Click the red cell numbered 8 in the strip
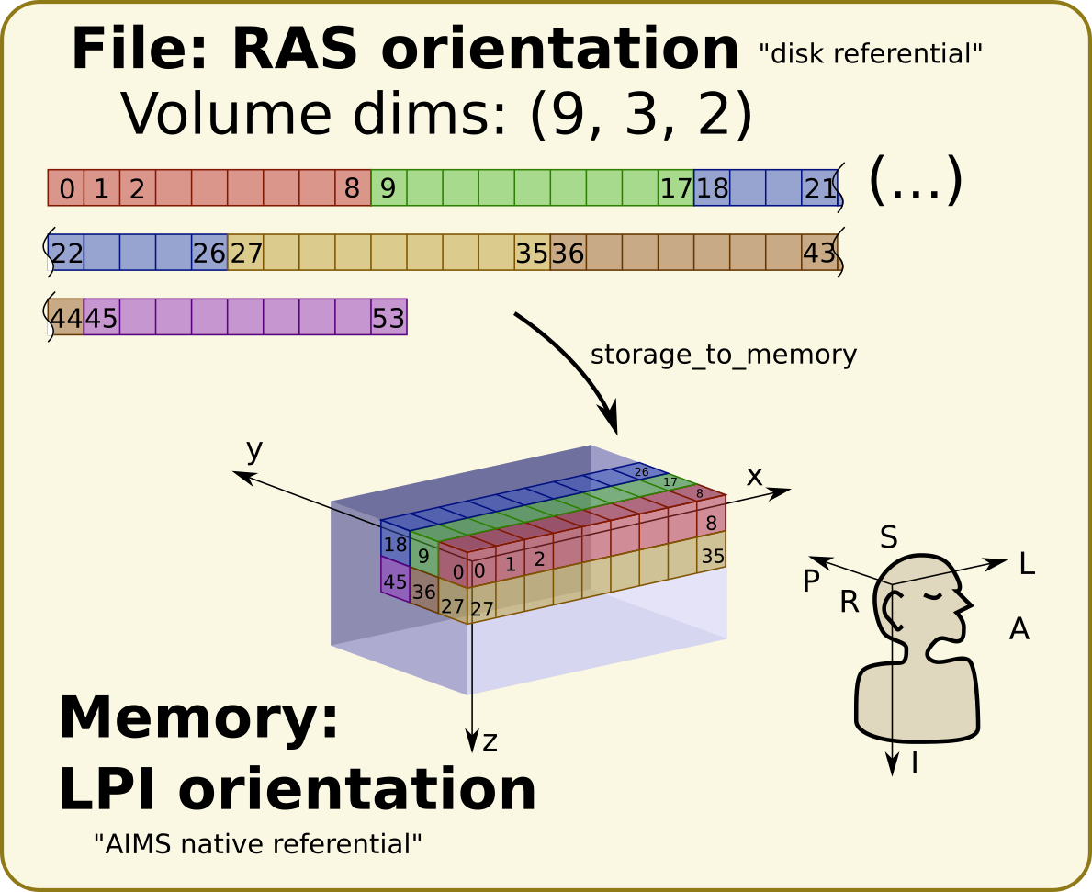(353, 188)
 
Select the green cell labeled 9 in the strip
(388, 188)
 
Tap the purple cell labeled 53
(388, 318)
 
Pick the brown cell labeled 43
(819, 253)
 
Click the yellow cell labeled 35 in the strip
(532, 253)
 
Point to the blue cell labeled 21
(820, 188)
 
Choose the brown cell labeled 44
(66, 318)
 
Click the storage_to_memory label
(723, 355)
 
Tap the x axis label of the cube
(754, 475)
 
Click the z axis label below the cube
(490, 740)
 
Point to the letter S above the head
(888, 537)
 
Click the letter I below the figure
(914, 762)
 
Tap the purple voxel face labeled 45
(395, 581)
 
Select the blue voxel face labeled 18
(395, 545)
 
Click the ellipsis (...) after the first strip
(915, 180)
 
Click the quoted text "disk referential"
(871, 54)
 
